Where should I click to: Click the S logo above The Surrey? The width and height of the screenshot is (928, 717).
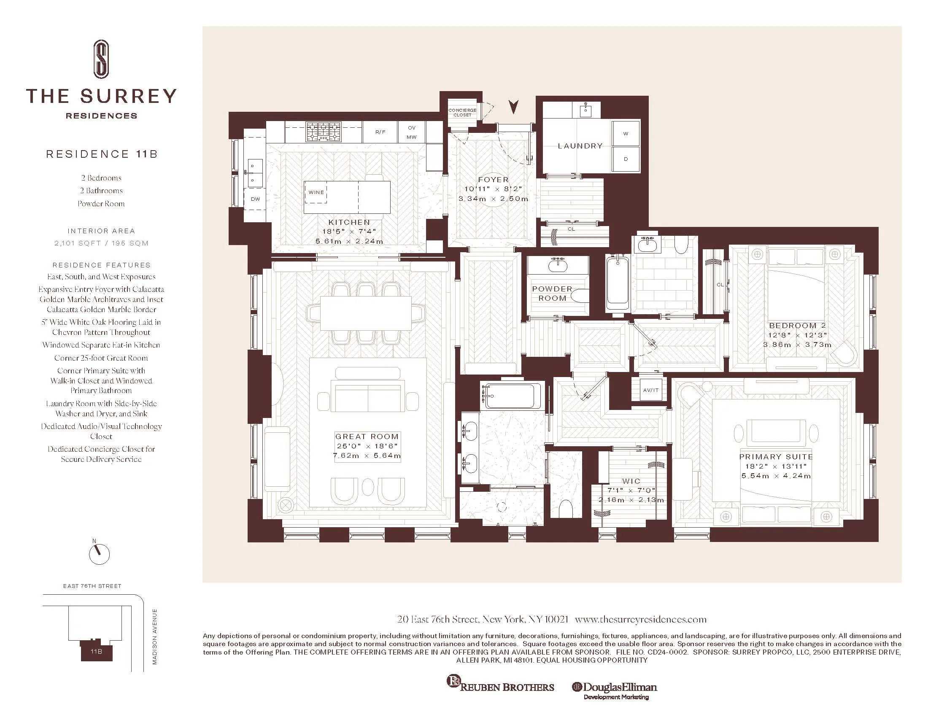101,59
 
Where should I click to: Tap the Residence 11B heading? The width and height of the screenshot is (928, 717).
102,154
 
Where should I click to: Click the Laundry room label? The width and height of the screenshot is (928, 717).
580,146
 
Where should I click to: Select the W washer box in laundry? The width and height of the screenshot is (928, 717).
626,133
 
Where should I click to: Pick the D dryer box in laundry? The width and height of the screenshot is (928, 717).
626,159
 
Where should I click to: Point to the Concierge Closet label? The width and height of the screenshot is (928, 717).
462,113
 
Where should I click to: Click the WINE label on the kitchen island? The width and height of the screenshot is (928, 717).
316,192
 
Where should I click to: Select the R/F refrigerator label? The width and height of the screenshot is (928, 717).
380,132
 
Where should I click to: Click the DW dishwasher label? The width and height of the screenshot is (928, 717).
255,199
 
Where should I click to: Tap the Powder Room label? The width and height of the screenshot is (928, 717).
553,294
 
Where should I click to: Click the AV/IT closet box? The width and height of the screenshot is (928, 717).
650,390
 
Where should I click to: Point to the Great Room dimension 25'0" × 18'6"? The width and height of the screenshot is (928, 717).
367,446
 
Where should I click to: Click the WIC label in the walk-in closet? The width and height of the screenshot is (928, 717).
631,481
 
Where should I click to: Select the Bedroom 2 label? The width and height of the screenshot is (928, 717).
797,326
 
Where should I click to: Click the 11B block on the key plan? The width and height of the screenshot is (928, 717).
97,651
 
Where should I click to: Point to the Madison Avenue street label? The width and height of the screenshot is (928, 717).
155,637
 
